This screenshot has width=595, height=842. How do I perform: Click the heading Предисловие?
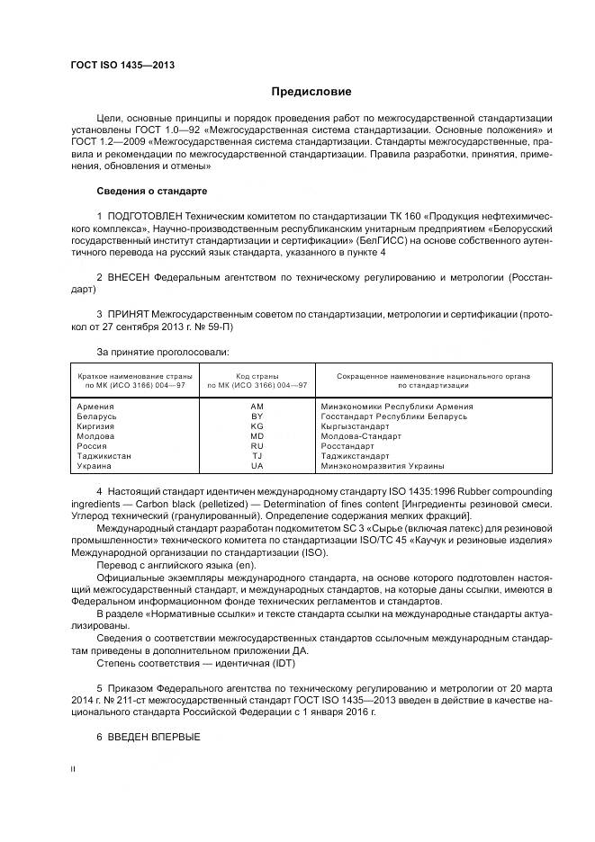point(312,92)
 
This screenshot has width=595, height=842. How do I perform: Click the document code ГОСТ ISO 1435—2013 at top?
point(122,66)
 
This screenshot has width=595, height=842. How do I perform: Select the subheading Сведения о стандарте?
point(152,192)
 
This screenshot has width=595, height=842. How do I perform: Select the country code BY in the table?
point(257,417)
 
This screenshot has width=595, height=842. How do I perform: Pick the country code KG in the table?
point(257,426)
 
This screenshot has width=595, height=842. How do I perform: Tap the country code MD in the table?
point(257,436)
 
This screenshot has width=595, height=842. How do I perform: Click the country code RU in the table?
point(257,446)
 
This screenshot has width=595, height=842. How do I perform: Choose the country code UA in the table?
point(257,466)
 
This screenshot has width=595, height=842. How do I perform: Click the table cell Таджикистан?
point(104,456)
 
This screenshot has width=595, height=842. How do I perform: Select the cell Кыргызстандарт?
point(355,426)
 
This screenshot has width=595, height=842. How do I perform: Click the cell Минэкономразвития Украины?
point(382,466)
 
